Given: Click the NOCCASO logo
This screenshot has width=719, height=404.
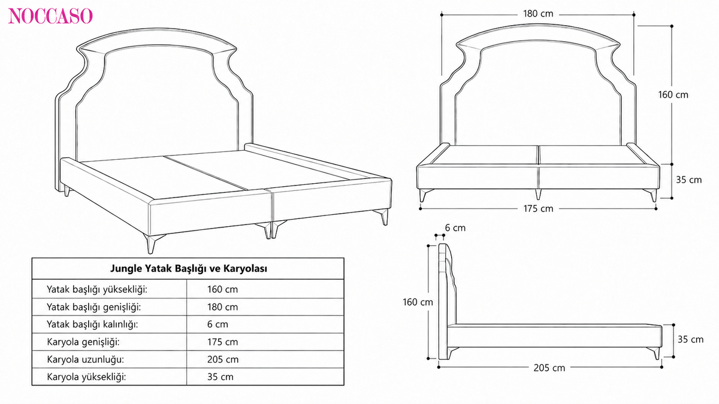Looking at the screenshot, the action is tap(50, 16).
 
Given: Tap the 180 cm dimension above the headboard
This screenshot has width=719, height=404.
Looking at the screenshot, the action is tap(538, 14).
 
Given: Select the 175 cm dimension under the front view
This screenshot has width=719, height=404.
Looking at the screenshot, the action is tap(538, 209).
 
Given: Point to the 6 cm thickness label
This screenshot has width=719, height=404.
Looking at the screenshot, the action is tap(455, 228).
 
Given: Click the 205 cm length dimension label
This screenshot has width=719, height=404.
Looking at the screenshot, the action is tap(549, 367).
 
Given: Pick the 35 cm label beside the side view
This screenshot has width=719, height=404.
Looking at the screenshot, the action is tap(690, 339).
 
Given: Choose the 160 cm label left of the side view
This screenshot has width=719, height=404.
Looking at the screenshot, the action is tap(418, 302).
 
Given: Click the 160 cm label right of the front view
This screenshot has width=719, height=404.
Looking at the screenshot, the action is tap(673, 95).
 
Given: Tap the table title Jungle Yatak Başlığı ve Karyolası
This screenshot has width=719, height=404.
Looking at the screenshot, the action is tap(188, 268).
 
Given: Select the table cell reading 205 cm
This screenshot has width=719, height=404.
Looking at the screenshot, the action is tap(223, 360).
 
